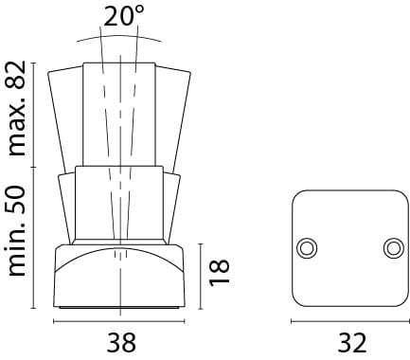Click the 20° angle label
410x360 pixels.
click(x=123, y=15)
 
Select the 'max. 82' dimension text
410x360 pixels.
click(x=17, y=108)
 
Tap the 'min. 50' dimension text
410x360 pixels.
click(x=17, y=231)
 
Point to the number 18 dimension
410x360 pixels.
click(x=219, y=273)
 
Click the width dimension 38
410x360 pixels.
click(x=121, y=343)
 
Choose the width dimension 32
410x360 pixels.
click(x=352, y=343)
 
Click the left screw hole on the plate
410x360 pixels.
click(x=307, y=248)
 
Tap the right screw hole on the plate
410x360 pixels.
click(x=394, y=248)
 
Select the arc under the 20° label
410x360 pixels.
click(x=119, y=36)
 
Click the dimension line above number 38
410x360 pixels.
click(x=119, y=321)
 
